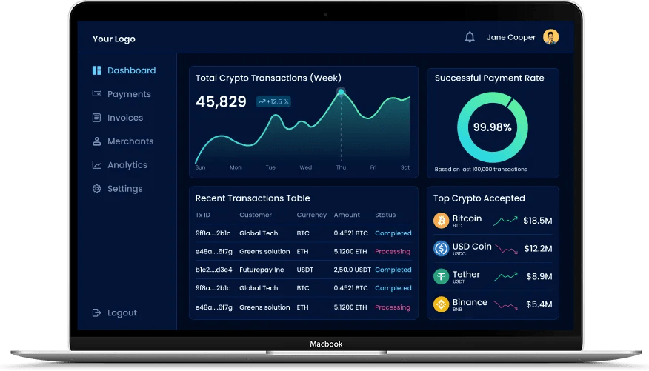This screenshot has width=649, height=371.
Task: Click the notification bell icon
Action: (470, 37)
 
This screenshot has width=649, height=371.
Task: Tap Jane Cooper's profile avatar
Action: (550, 37)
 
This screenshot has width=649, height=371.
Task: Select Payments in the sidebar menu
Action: (129, 94)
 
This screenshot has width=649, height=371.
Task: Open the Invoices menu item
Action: (125, 118)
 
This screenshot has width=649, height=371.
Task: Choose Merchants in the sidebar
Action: (130, 141)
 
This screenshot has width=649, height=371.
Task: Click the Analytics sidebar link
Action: (127, 165)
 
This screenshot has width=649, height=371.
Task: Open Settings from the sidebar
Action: (124, 189)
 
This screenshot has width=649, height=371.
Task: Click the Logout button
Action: (122, 312)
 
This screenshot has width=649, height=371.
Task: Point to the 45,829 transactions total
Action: (221, 102)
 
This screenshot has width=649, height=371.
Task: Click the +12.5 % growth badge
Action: (273, 101)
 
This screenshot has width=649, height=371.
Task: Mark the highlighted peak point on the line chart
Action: (341, 92)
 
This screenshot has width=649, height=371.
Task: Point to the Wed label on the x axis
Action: (305, 167)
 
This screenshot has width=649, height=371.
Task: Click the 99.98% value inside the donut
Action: (493, 127)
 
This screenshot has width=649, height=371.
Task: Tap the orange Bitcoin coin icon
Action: (442, 221)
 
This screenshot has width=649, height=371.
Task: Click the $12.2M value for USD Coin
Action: (538, 248)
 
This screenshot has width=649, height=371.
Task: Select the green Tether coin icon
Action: (442, 276)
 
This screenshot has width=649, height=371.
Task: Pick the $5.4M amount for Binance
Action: (539, 304)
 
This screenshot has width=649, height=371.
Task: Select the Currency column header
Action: (311, 215)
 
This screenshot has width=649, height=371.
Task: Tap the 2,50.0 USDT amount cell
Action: (352, 270)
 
